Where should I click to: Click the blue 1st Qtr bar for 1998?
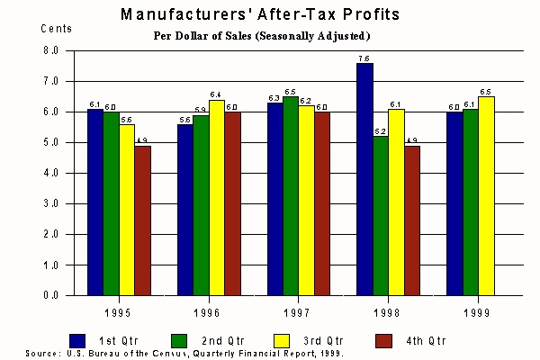[x=364, y=179]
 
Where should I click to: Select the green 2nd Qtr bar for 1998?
[x=381, y=215]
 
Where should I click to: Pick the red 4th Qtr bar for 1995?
[x=142, y=220]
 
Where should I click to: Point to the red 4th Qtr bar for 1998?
[x=412, y=220]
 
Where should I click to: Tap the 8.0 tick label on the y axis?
[x=51, y=50]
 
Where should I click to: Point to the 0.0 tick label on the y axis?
[x=51, y=295]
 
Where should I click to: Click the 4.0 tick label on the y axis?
[x=51, y=173]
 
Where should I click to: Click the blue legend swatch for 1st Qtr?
[x=77, y=340]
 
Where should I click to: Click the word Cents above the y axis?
[x=55, y=28]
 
